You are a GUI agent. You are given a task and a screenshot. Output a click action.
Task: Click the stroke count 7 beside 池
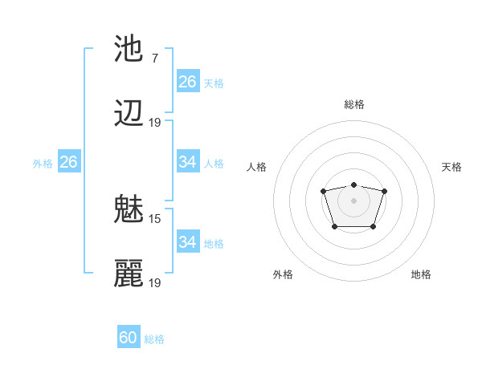[154, 58]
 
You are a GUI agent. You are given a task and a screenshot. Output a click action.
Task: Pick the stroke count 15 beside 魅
[155, 218]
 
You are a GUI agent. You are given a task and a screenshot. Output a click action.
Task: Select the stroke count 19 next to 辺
[155, 123]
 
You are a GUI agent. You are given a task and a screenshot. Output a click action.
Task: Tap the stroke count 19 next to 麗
[155, 282]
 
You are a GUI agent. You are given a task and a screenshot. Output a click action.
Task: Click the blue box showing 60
[129, 338]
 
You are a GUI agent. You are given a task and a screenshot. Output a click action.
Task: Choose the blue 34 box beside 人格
[188, 162]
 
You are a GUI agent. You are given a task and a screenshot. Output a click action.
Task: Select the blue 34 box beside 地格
[188, 241]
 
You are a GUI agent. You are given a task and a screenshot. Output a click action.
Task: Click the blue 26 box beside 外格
[68, 162]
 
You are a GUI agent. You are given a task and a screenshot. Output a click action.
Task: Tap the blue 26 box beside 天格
[188, 81]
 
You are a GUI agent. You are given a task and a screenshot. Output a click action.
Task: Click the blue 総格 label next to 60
[154, 339]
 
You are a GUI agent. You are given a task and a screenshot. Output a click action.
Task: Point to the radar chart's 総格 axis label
[354, 104]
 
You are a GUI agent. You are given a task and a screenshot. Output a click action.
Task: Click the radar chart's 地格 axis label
[421, 274]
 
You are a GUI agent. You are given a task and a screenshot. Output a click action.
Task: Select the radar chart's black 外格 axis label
[283, 274]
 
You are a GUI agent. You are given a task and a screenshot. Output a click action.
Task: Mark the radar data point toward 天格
[385, 191]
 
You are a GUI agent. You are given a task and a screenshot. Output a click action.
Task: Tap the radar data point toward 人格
[323, 191]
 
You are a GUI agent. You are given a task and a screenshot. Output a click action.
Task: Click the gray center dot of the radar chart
[353, 200]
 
